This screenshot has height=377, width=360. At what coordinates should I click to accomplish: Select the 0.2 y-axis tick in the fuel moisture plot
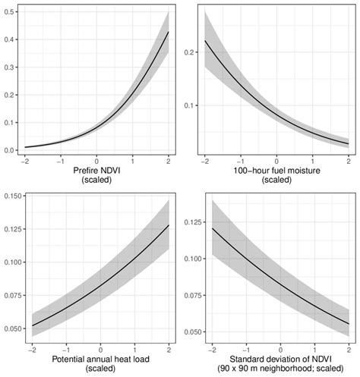191,52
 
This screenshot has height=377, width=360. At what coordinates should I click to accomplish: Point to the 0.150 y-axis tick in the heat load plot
12,197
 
